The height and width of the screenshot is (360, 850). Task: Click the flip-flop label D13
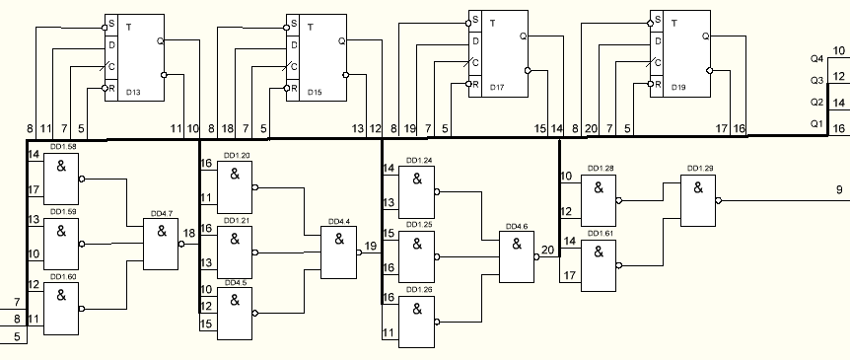133,92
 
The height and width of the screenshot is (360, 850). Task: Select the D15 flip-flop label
315,92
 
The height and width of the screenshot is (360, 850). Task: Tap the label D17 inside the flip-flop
497,88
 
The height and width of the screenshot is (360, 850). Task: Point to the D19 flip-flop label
678,88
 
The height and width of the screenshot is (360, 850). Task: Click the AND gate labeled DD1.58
61,179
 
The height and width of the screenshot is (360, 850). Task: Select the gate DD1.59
61,244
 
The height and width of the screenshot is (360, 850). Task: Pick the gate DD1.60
61,309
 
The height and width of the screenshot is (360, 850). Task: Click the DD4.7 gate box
161,244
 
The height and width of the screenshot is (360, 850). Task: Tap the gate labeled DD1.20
235,187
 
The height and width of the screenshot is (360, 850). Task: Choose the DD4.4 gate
339,252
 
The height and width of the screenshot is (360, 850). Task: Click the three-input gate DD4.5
235,314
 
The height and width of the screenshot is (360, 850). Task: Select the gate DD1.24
416,192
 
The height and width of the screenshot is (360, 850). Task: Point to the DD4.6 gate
517,256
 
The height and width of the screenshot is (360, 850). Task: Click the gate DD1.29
698,200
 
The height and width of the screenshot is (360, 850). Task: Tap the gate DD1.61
599,265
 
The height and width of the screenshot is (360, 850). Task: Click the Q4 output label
816,58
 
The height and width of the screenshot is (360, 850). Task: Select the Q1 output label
816,123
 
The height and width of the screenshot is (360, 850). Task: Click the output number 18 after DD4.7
189,233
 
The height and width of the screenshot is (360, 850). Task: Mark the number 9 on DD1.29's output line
839,189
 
